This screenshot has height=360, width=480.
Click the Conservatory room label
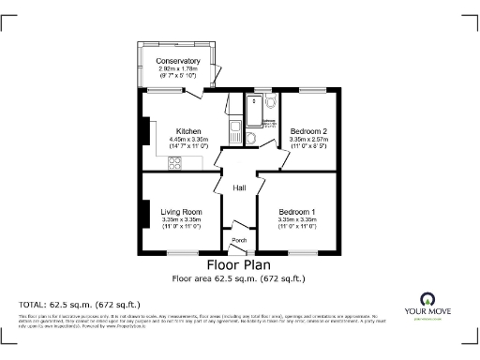179,61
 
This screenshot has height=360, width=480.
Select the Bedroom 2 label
308,131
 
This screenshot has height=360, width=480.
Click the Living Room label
181,212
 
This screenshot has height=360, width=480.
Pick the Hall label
240,188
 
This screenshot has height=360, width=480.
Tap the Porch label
239,240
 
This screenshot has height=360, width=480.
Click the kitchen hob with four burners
175,163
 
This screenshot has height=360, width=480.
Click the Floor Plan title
239,265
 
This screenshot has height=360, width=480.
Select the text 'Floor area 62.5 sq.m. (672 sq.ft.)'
239,278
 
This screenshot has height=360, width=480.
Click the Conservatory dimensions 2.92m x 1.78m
179,68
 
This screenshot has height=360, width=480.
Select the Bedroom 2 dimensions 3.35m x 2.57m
308,139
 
